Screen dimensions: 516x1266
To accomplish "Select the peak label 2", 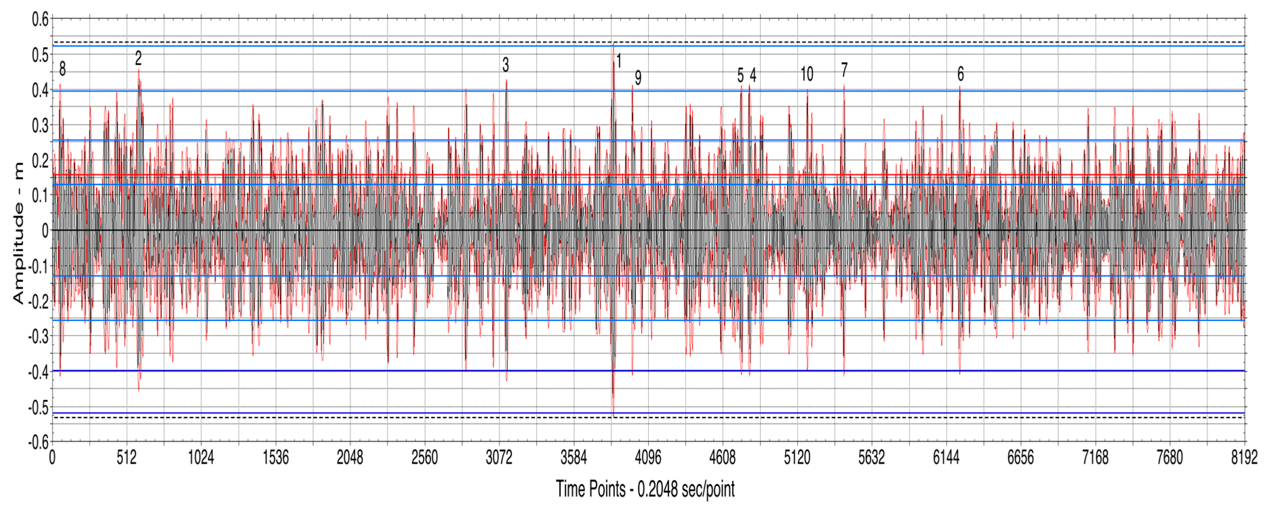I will click(x=139, y=58).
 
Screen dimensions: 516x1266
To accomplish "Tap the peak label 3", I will click(x=506, y=64).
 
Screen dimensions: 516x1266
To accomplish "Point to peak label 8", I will click(x=62, y=69).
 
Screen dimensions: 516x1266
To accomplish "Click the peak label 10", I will click(x=807, y=74).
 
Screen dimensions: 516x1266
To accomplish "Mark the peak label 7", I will click(x=844, y=70).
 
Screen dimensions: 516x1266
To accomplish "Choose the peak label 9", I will click(x=638, y=78).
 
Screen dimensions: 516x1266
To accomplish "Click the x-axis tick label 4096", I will click(x=648, y=458).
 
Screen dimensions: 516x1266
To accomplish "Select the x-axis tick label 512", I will click(x=127, y=458).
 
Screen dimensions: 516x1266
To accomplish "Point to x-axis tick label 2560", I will click(x=425, y=458).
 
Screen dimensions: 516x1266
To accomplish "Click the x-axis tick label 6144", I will click(x=946, y=458).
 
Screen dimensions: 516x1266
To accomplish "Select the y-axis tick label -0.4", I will click(x=38, y=372).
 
